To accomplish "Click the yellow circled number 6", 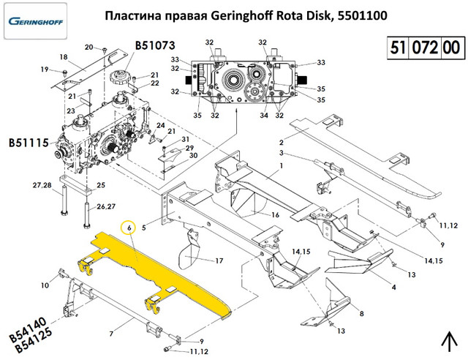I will (x=130, y=228).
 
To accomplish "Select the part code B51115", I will (x=28, y=140).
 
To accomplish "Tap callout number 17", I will (x=219, y=260).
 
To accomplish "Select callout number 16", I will (x=276, y=215).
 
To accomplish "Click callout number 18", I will (x=63, y=57).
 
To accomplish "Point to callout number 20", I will (x=89, y=48).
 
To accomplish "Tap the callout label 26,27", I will (x=107, y=206).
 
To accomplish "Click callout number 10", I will (x=44, y=285).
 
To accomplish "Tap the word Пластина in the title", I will (x=130, y=15).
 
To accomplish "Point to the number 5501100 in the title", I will (x=362, y=15).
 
